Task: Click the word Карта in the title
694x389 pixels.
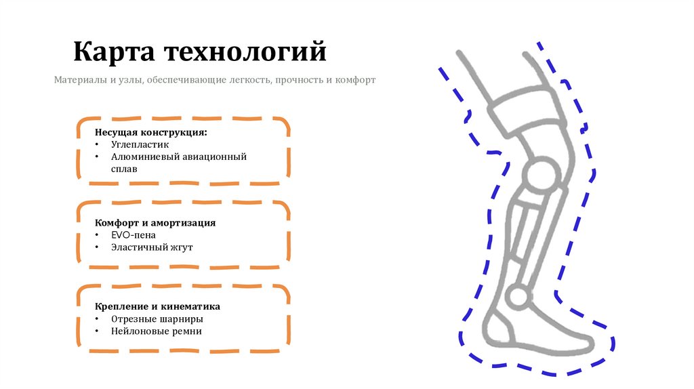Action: pos(110,52)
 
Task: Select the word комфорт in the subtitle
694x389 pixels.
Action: pos(354,80)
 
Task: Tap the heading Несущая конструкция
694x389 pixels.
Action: pos(151,132)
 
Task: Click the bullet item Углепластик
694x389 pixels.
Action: pos(140,144)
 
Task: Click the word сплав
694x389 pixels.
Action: pos(124,169)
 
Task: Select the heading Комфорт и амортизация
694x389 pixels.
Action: pos(155,222)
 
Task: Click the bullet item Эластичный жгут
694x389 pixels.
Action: pos(152,247)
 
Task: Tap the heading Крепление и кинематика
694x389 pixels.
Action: pos(157,306)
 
